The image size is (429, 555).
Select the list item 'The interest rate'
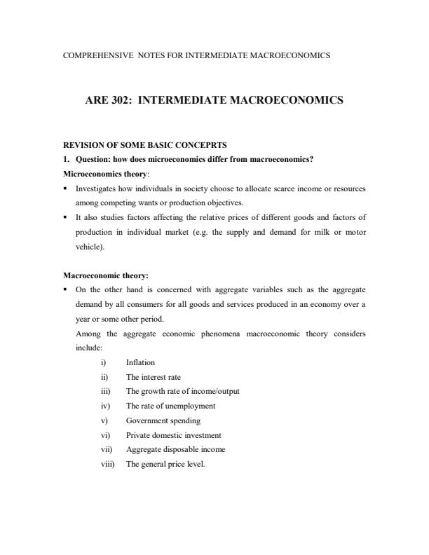pos(153,377)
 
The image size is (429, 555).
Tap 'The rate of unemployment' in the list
pos(170,406)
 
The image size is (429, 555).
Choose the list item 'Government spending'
pos(163,420)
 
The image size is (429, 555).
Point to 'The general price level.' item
pos(165,464)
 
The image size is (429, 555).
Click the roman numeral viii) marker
pos(107,464)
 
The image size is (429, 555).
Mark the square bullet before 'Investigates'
pos(65,189)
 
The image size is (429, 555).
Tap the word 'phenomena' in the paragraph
pos(226,334)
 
